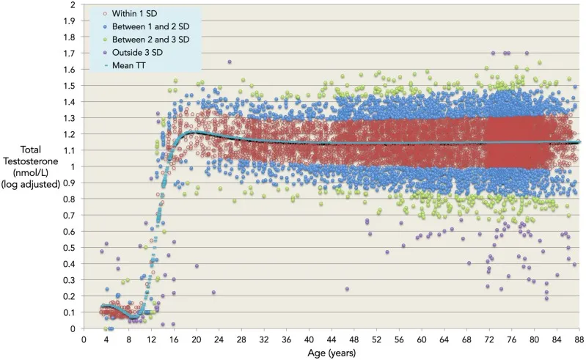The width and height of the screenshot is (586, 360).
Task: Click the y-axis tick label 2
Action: coord(72,5)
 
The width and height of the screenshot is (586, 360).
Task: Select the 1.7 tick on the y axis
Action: coord(69,54)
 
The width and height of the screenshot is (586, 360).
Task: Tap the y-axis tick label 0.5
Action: coord(69,248)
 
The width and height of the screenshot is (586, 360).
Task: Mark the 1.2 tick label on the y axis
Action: coord(69,135)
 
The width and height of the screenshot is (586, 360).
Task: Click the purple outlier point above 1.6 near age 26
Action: coord(230,62)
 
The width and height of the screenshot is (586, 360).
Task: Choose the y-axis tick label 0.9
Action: coord(69,183)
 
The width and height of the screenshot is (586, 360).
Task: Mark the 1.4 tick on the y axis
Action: coord(69,102)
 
